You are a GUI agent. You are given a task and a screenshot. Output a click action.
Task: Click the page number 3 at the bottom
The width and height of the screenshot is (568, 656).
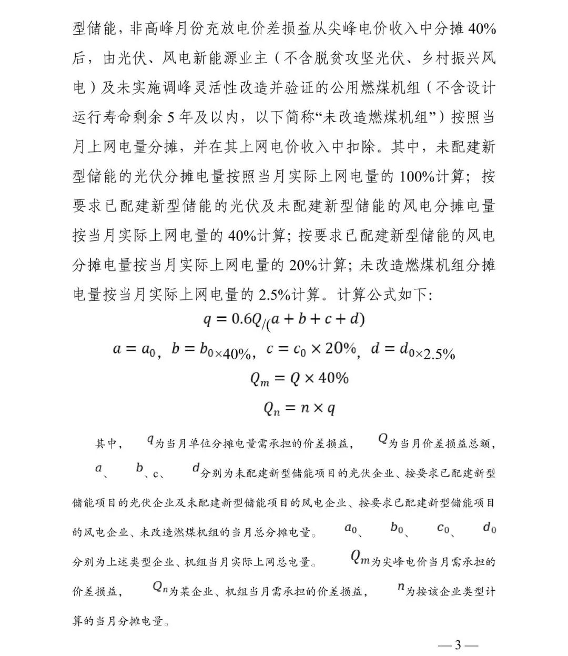point(458,645)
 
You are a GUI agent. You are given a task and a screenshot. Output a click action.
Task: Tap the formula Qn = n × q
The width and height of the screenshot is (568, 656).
point(299,408)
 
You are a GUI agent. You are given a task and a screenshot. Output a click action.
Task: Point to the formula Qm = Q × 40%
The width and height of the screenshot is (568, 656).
point(299,379)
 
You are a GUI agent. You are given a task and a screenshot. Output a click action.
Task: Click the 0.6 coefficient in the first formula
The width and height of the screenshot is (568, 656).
point(242,319)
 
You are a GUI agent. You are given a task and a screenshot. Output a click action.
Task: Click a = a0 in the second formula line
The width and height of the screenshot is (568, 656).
point(134,349)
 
